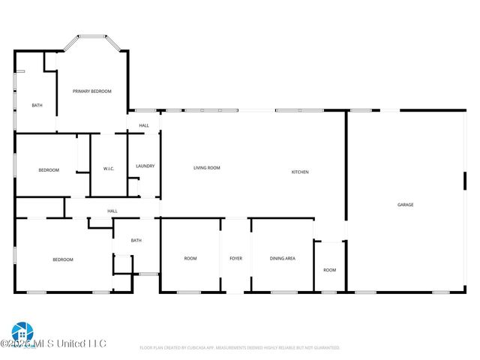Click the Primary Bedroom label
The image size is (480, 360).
(91, 91)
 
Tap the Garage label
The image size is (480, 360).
(405, 205)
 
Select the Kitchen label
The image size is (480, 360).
(300, 172)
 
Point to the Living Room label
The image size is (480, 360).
(206, 168)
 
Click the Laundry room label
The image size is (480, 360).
(145, 166)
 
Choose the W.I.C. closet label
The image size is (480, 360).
(108, 169)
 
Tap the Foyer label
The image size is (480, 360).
(235, 259)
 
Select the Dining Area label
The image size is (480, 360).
(283, 259)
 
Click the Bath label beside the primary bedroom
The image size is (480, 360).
(37, 105)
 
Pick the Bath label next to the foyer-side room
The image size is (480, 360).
(136, 241)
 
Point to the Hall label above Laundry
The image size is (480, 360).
(144, 125)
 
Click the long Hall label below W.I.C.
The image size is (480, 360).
(112, 211)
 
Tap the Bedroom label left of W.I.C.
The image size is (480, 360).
(49, 170)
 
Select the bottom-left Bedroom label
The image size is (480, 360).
(63, 260)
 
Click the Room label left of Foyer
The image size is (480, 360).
(190, 259)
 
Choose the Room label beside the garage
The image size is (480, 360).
(330, 270)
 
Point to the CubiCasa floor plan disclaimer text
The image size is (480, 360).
(240, 348)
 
